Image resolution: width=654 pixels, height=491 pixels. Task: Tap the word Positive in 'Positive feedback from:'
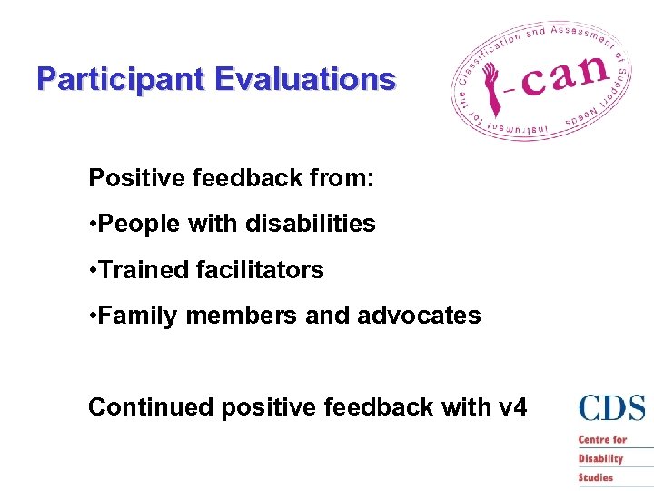tap(135, 178)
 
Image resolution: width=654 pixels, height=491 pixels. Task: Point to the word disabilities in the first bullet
tap(307, 224)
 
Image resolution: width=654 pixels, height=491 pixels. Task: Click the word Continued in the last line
tap(150, 406)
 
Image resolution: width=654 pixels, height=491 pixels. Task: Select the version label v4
tap(512, 406)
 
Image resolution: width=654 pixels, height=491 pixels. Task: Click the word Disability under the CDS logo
tap(601, 458)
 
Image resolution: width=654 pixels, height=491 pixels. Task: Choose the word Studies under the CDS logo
tap(596, 477)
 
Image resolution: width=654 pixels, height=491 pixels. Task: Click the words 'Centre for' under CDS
tap(603, 440)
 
